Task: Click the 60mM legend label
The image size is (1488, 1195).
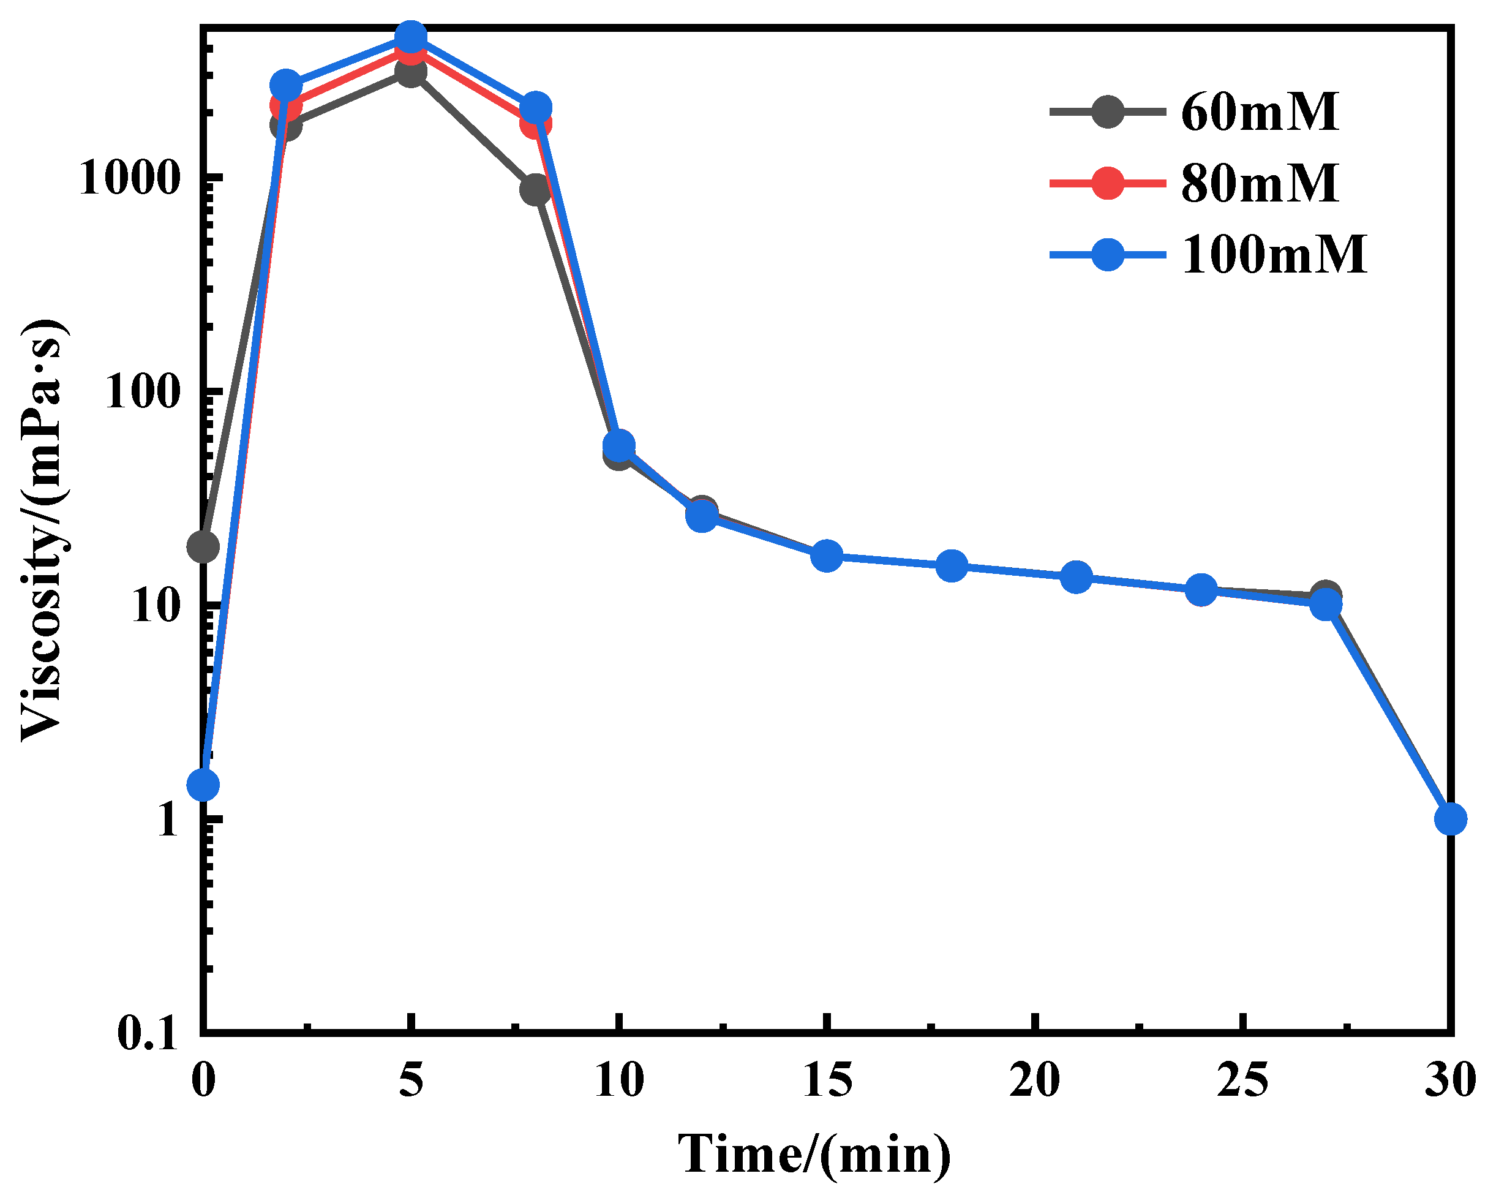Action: [1259, 112]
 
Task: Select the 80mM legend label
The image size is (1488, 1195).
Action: [1259, 183]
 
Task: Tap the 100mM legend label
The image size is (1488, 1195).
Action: [1272, 255]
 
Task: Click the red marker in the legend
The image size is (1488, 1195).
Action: [1108, 183]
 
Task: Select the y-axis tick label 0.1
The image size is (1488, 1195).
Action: [148, 1034]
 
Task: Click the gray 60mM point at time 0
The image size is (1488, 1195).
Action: [203, 547]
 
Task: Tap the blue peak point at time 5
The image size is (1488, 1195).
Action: [411, 36]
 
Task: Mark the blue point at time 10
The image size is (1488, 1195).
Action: [619, 445]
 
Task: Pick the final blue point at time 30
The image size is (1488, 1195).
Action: [1450, 820]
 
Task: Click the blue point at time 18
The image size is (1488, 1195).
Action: [952, 566]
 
